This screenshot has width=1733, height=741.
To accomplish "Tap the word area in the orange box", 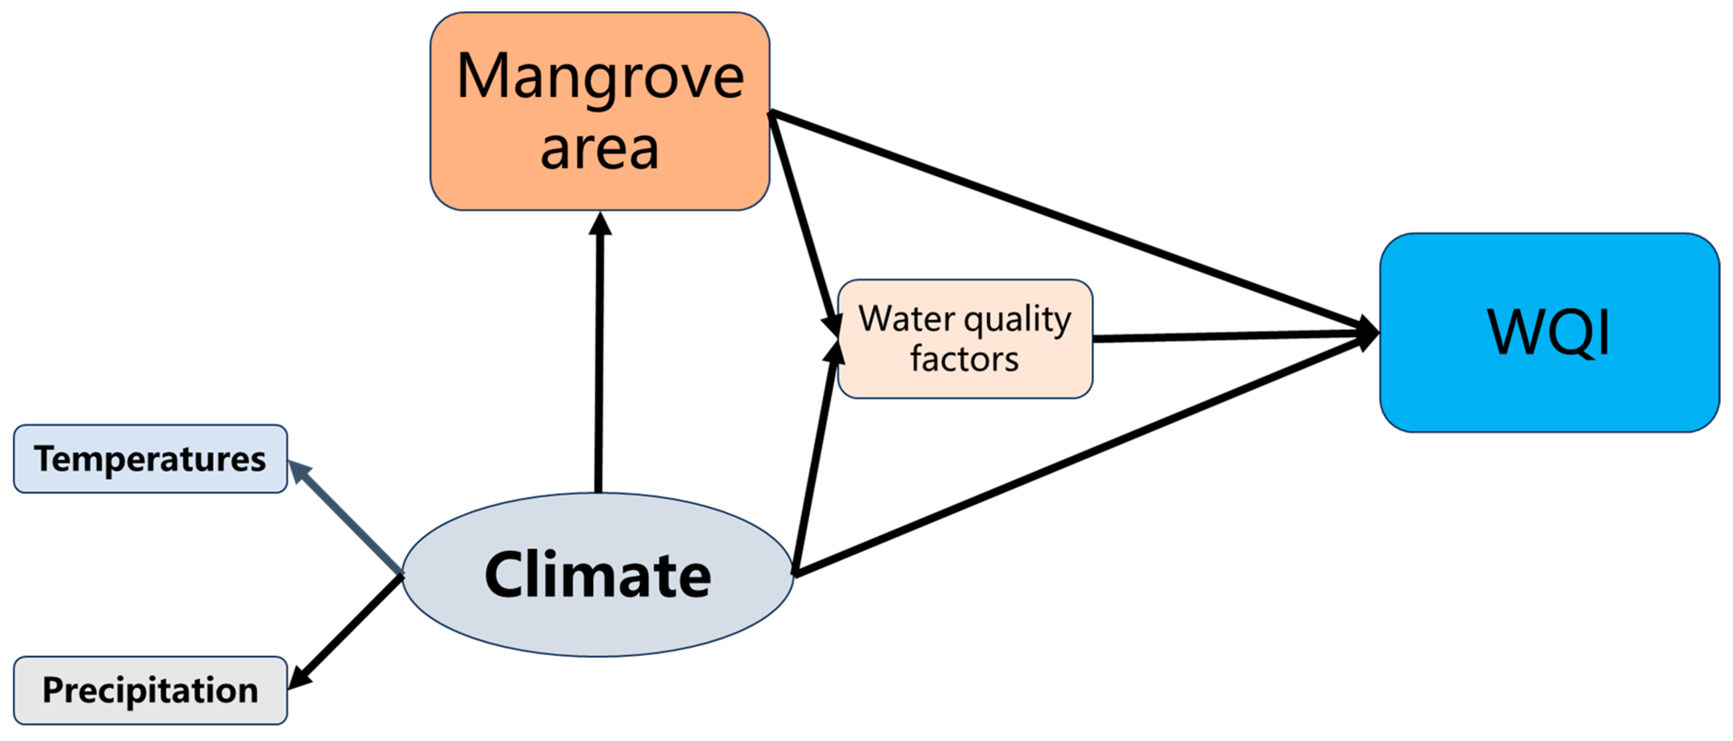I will pyautogui.click(x=599, y=150).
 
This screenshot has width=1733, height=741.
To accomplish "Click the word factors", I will pyautogui.click(x=964, y=359).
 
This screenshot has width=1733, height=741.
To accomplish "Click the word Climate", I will pyautogui.click(x=597, y=575).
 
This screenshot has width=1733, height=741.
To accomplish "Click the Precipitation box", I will pyautogui.click(x=150, y=690).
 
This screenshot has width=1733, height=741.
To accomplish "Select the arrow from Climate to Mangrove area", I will pyautogui.click(x=599, y=357).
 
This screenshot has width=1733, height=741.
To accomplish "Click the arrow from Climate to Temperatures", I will pyautogui.click(x=347, y=518).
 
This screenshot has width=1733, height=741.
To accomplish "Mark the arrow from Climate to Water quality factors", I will pyautogui.click(x=815, y=457).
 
